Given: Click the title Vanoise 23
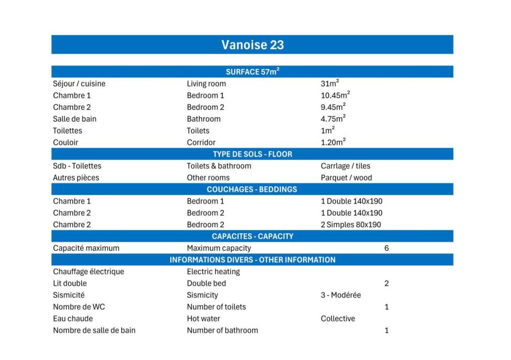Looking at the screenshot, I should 252,45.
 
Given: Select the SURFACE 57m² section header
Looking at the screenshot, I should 252,72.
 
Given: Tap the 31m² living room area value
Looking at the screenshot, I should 330,83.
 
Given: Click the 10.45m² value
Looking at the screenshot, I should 335,95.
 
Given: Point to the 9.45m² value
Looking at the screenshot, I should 333,107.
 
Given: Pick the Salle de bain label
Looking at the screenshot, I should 75,119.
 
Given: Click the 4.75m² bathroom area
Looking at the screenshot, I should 333,119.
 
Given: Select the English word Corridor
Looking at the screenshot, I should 201,142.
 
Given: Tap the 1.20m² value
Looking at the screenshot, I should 333,142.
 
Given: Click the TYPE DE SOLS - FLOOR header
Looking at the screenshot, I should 252,154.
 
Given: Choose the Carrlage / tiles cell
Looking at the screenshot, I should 346,166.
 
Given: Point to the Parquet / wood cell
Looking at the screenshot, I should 346,178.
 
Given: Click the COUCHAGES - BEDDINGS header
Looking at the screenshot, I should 252,189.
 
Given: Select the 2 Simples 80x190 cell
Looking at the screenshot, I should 351,225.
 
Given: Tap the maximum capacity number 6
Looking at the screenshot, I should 386,248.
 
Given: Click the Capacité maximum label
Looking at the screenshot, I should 86,248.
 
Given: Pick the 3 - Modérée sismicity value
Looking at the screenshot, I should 341,295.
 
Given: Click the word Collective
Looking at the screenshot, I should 338,319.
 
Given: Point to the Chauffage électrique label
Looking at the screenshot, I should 88,272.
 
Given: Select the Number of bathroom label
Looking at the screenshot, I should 222,330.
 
